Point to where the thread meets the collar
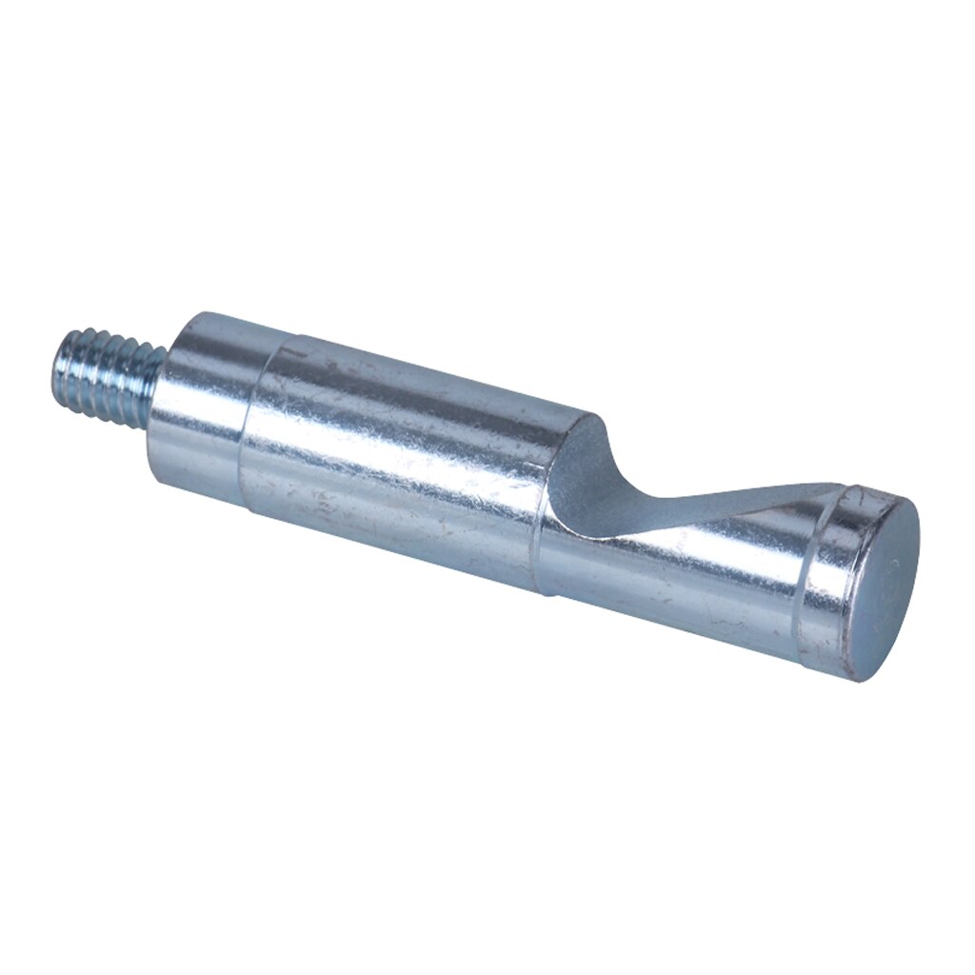pos(159,381)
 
